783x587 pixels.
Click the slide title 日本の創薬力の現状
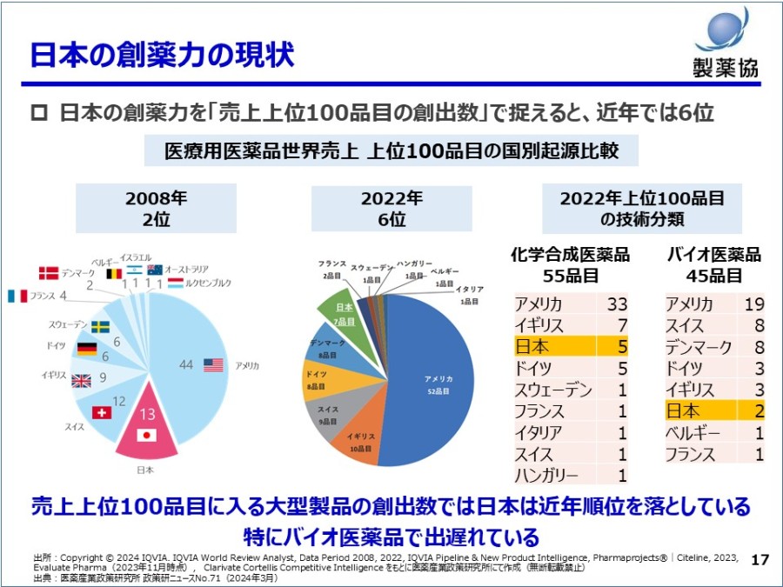coord(162,54)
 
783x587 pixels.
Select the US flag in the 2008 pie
coord(213,365)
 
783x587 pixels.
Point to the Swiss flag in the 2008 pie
coord(102,411)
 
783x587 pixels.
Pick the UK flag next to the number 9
coord(81,380)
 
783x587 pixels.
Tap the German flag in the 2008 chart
coord(86,349)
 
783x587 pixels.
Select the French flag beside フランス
coord(17,296)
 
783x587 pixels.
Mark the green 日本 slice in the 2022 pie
coord(344,313)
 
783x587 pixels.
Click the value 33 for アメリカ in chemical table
coord(617,304)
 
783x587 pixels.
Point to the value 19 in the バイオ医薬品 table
coord(754,304)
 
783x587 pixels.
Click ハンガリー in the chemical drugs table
coord(546,476)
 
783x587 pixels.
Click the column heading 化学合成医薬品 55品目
coord(571,265)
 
